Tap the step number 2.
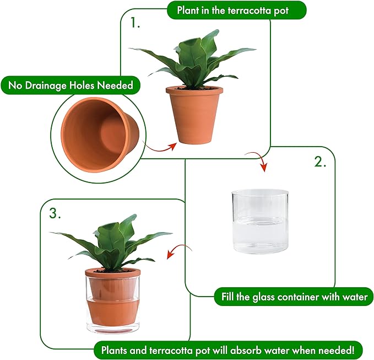tap(320, 162)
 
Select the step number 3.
tap(55, 214)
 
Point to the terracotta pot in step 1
tap(194, 113)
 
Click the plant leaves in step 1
tap(193, 61)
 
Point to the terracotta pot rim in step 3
tap(112, 272)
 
